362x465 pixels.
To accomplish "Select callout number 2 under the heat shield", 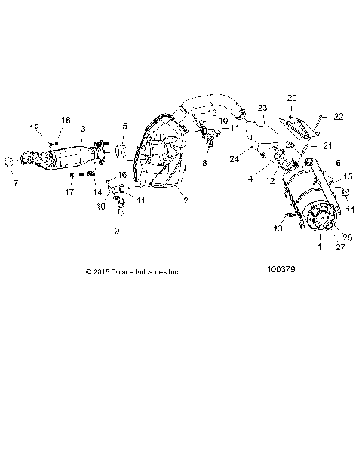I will click(185, 200).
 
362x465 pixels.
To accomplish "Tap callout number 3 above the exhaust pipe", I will click(83, 129).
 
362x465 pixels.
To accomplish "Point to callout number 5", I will click(125, 126).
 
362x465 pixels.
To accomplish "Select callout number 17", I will click(69, 192).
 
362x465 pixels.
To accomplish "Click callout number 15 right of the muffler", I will click(348, 176).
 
